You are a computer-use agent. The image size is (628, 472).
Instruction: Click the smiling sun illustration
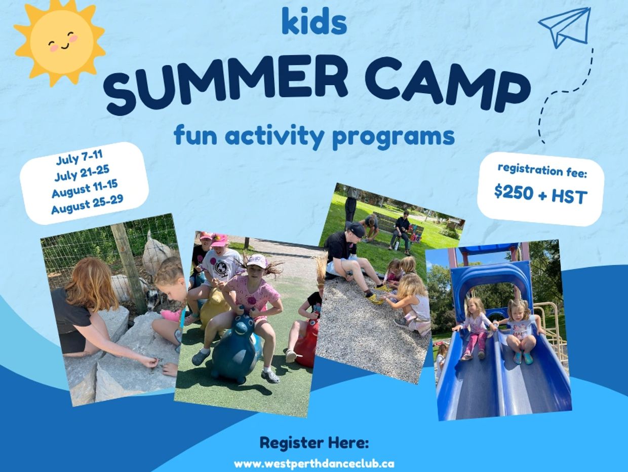(x=60, y=44)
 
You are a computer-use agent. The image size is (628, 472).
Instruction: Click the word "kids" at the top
(x=314, y=22)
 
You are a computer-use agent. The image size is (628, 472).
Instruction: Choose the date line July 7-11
(x=79, y=157)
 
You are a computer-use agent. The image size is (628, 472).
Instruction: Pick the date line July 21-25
(x=82, y=173)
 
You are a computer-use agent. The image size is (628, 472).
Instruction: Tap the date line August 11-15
(x=85, y=189)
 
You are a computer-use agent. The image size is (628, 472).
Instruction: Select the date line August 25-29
(x=87, y=204)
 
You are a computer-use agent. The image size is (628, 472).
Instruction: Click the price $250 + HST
(x=541, y=195)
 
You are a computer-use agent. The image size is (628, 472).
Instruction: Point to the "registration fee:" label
(x=542, y=171)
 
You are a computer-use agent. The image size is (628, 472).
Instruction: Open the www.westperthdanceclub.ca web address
(x=314, y=463)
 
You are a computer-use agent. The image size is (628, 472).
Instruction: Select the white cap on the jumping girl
(x=257, y=261)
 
